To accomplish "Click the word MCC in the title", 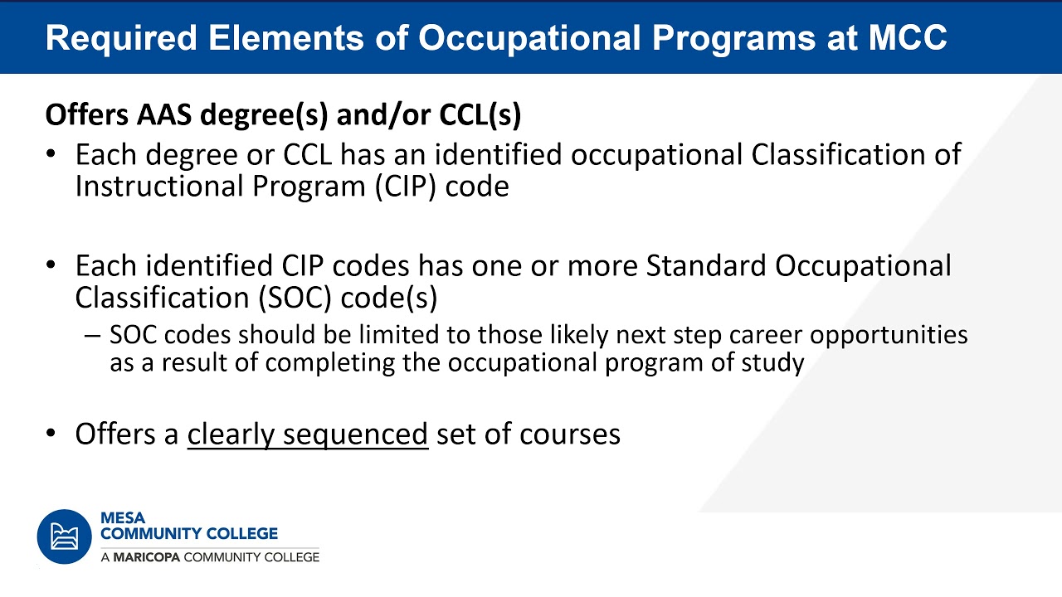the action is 908,37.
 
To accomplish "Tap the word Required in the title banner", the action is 121,39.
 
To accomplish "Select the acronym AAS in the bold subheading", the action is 164,114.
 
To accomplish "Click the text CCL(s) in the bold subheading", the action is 480,115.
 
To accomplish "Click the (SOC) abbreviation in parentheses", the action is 295,298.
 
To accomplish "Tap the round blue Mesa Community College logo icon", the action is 65,536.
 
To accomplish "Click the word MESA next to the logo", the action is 123,518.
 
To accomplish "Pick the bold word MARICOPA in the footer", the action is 147,557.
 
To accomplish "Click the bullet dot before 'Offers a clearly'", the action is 51,433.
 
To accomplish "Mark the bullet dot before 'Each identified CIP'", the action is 51,265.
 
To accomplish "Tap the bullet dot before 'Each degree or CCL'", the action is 51,154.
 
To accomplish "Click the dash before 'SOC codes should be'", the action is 92,336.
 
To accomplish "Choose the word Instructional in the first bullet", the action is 158,186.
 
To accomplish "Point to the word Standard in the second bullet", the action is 705,265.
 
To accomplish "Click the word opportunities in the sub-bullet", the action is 889,336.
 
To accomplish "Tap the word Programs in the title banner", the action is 734,39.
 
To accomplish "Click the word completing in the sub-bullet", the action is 329,363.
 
